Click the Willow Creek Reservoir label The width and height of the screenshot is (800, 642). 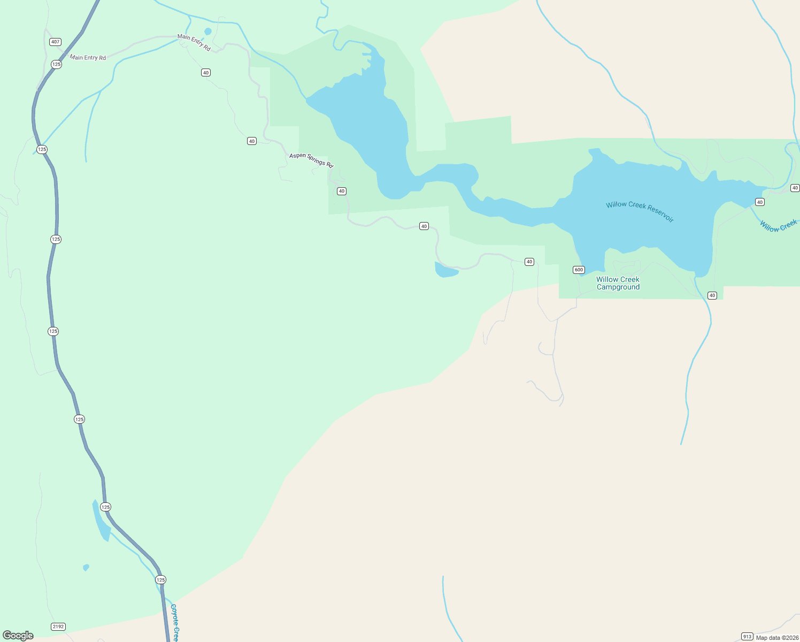point(640,211)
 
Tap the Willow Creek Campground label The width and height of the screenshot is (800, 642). point(618,283)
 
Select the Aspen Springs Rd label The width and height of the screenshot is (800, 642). point(311,160)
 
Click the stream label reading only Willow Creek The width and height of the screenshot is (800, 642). point(778,226)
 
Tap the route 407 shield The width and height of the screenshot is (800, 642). point(55,42)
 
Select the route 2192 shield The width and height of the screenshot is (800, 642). point(58,626)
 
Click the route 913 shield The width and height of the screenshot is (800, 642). point(747,637)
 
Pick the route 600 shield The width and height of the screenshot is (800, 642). point(579,270)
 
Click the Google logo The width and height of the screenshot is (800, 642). point(18,636)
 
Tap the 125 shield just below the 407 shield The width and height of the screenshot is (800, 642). point(56,64)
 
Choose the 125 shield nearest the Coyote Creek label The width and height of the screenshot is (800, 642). point(160,580)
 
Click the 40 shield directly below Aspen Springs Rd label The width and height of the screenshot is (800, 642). point(342,191)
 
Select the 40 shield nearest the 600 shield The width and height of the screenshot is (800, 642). point(529,262)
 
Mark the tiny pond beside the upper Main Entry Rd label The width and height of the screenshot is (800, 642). point(207,32)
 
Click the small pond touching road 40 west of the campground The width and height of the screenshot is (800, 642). point(445,271)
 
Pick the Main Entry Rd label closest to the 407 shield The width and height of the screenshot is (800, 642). point(88,58)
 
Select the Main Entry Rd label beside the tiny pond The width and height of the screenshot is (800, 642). point(194,43)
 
